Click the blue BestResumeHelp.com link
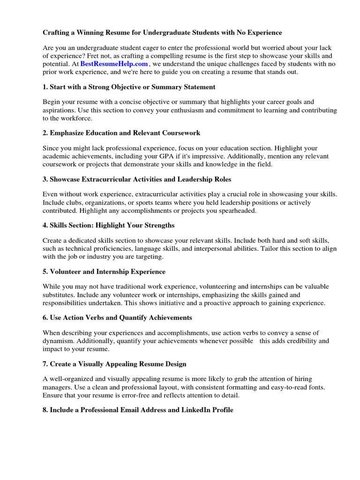point(114,64)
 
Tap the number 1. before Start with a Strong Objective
point(45,87)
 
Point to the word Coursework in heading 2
point(181,133)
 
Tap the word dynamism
point(58,341)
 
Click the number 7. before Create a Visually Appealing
point(45,364)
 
